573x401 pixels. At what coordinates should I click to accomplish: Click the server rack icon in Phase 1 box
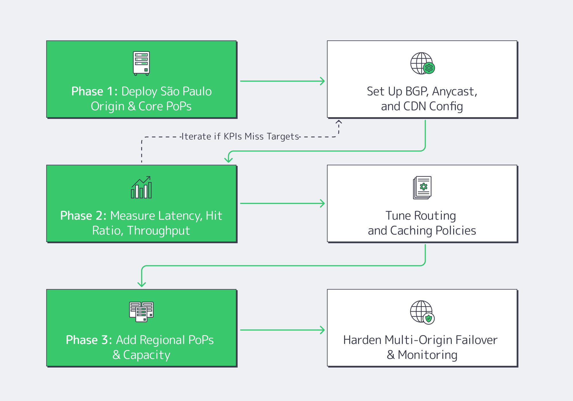click(x=141, y=63)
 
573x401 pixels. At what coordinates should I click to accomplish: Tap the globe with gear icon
click(x=422, y=63)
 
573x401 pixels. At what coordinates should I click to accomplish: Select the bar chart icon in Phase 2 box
click(x=141, y=187)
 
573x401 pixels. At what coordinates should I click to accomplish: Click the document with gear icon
click(x=422, y=188)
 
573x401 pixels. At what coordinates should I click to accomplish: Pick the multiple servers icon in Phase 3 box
click(x=141, y=312)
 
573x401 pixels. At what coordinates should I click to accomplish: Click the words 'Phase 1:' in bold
click(x=94, y=92)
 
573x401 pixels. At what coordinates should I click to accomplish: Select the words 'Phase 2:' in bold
click(x=83, y=216)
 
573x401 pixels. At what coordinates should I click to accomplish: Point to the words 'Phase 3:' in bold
click(x=89, y=340)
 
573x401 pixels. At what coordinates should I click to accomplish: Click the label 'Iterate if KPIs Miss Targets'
click(x=240, y=137)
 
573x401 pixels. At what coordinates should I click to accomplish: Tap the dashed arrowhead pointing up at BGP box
click(x=339, y=122)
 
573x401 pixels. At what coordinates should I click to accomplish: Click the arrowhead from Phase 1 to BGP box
click(x=323, y=81)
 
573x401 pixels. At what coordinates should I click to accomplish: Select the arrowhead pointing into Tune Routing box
click(x=323, y=203)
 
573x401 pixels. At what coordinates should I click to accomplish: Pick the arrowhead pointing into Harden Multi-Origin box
click(x=323, y=330)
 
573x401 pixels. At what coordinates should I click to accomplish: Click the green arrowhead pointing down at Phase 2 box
click(x=228, y=160)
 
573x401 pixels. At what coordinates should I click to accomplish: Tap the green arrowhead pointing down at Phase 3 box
click(x=142, y=284)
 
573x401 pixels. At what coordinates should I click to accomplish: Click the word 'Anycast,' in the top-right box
click(x=454, y=92)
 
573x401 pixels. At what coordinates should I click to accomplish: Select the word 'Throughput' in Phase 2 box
click(x=158, y=231)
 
